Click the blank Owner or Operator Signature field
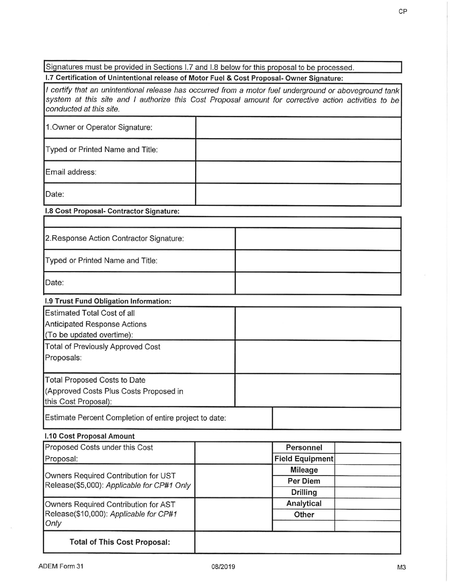pos(298,128)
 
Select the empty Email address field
pos(298,172)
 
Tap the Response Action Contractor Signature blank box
pos(318,239)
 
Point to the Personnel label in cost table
pos(304,448)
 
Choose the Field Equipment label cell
pos(304,459)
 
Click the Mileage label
pos(304,470)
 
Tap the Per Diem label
pos(304,481)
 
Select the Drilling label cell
pos(304,493)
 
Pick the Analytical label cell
pos(304,503)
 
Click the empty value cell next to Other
pos(368,515)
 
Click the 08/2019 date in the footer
pos(224,566)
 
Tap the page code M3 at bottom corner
pos(402,567)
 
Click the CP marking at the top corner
pos(403,12)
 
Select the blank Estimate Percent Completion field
pos(337,418)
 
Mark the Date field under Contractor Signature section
pos(318,283)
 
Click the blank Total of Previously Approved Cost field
pos(318,357)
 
